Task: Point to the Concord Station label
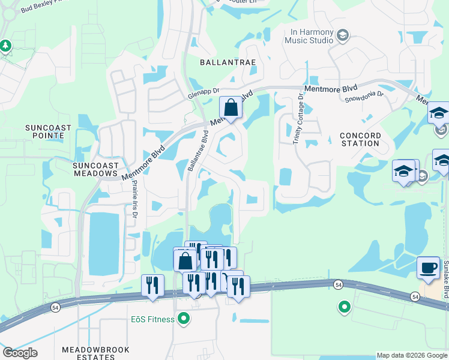pyautogui.click(x=360, y=139)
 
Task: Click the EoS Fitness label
pyautogui.click(x=154, y=319)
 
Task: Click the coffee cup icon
pyautogui.click(x=429, y=268)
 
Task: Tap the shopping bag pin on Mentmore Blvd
pyautogui.click(x=231, y=109)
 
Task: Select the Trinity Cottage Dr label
pyautogui.click(x=299, y=119)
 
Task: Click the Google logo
pyautogui.click(x=20, y=353)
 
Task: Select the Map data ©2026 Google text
pyautogui.click(x=412, y=355)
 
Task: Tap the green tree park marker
pyautogui.click(x=5, y=45)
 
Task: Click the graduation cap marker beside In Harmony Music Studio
pyautogui.click(x=342, y=35)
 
